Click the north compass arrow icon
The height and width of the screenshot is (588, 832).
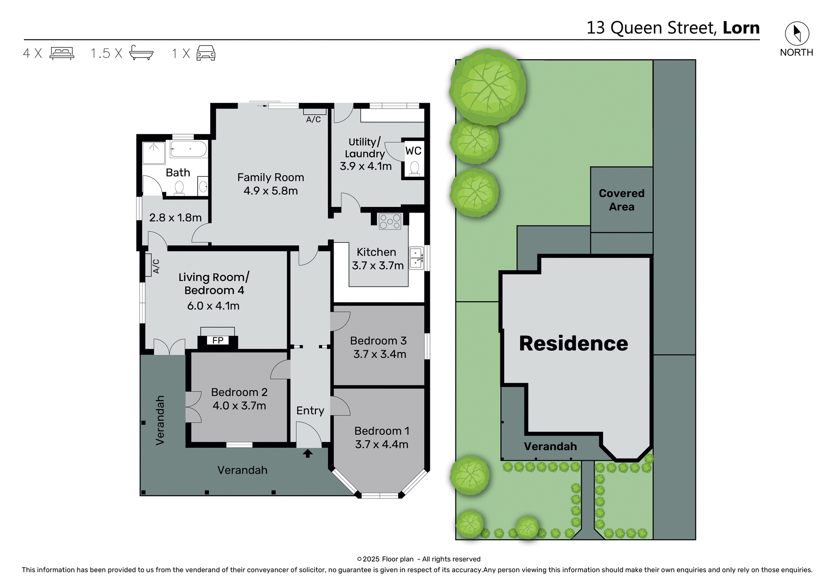tap(796, 33)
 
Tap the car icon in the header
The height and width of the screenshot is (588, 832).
tap(206, 53)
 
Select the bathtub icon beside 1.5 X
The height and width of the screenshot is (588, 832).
tap(141, 53)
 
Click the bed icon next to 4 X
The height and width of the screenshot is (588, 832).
tap(62, 53)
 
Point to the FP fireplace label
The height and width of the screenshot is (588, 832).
tap(218, 340)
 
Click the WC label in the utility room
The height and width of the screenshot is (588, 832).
tap(413, 151)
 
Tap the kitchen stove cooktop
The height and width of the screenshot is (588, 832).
tap(390, 221)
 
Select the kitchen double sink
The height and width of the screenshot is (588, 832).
tap(416, 258)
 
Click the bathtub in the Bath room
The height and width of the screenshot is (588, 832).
tap(188, 149)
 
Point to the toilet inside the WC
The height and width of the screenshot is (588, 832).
tap(414, 168)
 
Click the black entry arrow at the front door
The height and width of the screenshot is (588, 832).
tap(308, 453)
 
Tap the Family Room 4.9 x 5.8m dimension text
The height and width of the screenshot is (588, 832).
tap(270, 191)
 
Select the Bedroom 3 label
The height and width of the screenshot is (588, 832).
tap(378, 341)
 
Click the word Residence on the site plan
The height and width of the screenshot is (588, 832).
tap(573, 343)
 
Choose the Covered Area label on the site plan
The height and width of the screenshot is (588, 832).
tap(621, 200)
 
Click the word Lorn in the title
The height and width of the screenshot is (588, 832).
tap(741, 28)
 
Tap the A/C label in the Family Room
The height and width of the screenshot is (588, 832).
tap(313, 120)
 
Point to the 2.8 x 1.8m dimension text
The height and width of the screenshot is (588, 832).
tap(175, 217)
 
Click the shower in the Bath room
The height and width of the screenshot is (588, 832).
tap(154, 153)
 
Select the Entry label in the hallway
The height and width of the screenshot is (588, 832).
tap(310, 410)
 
